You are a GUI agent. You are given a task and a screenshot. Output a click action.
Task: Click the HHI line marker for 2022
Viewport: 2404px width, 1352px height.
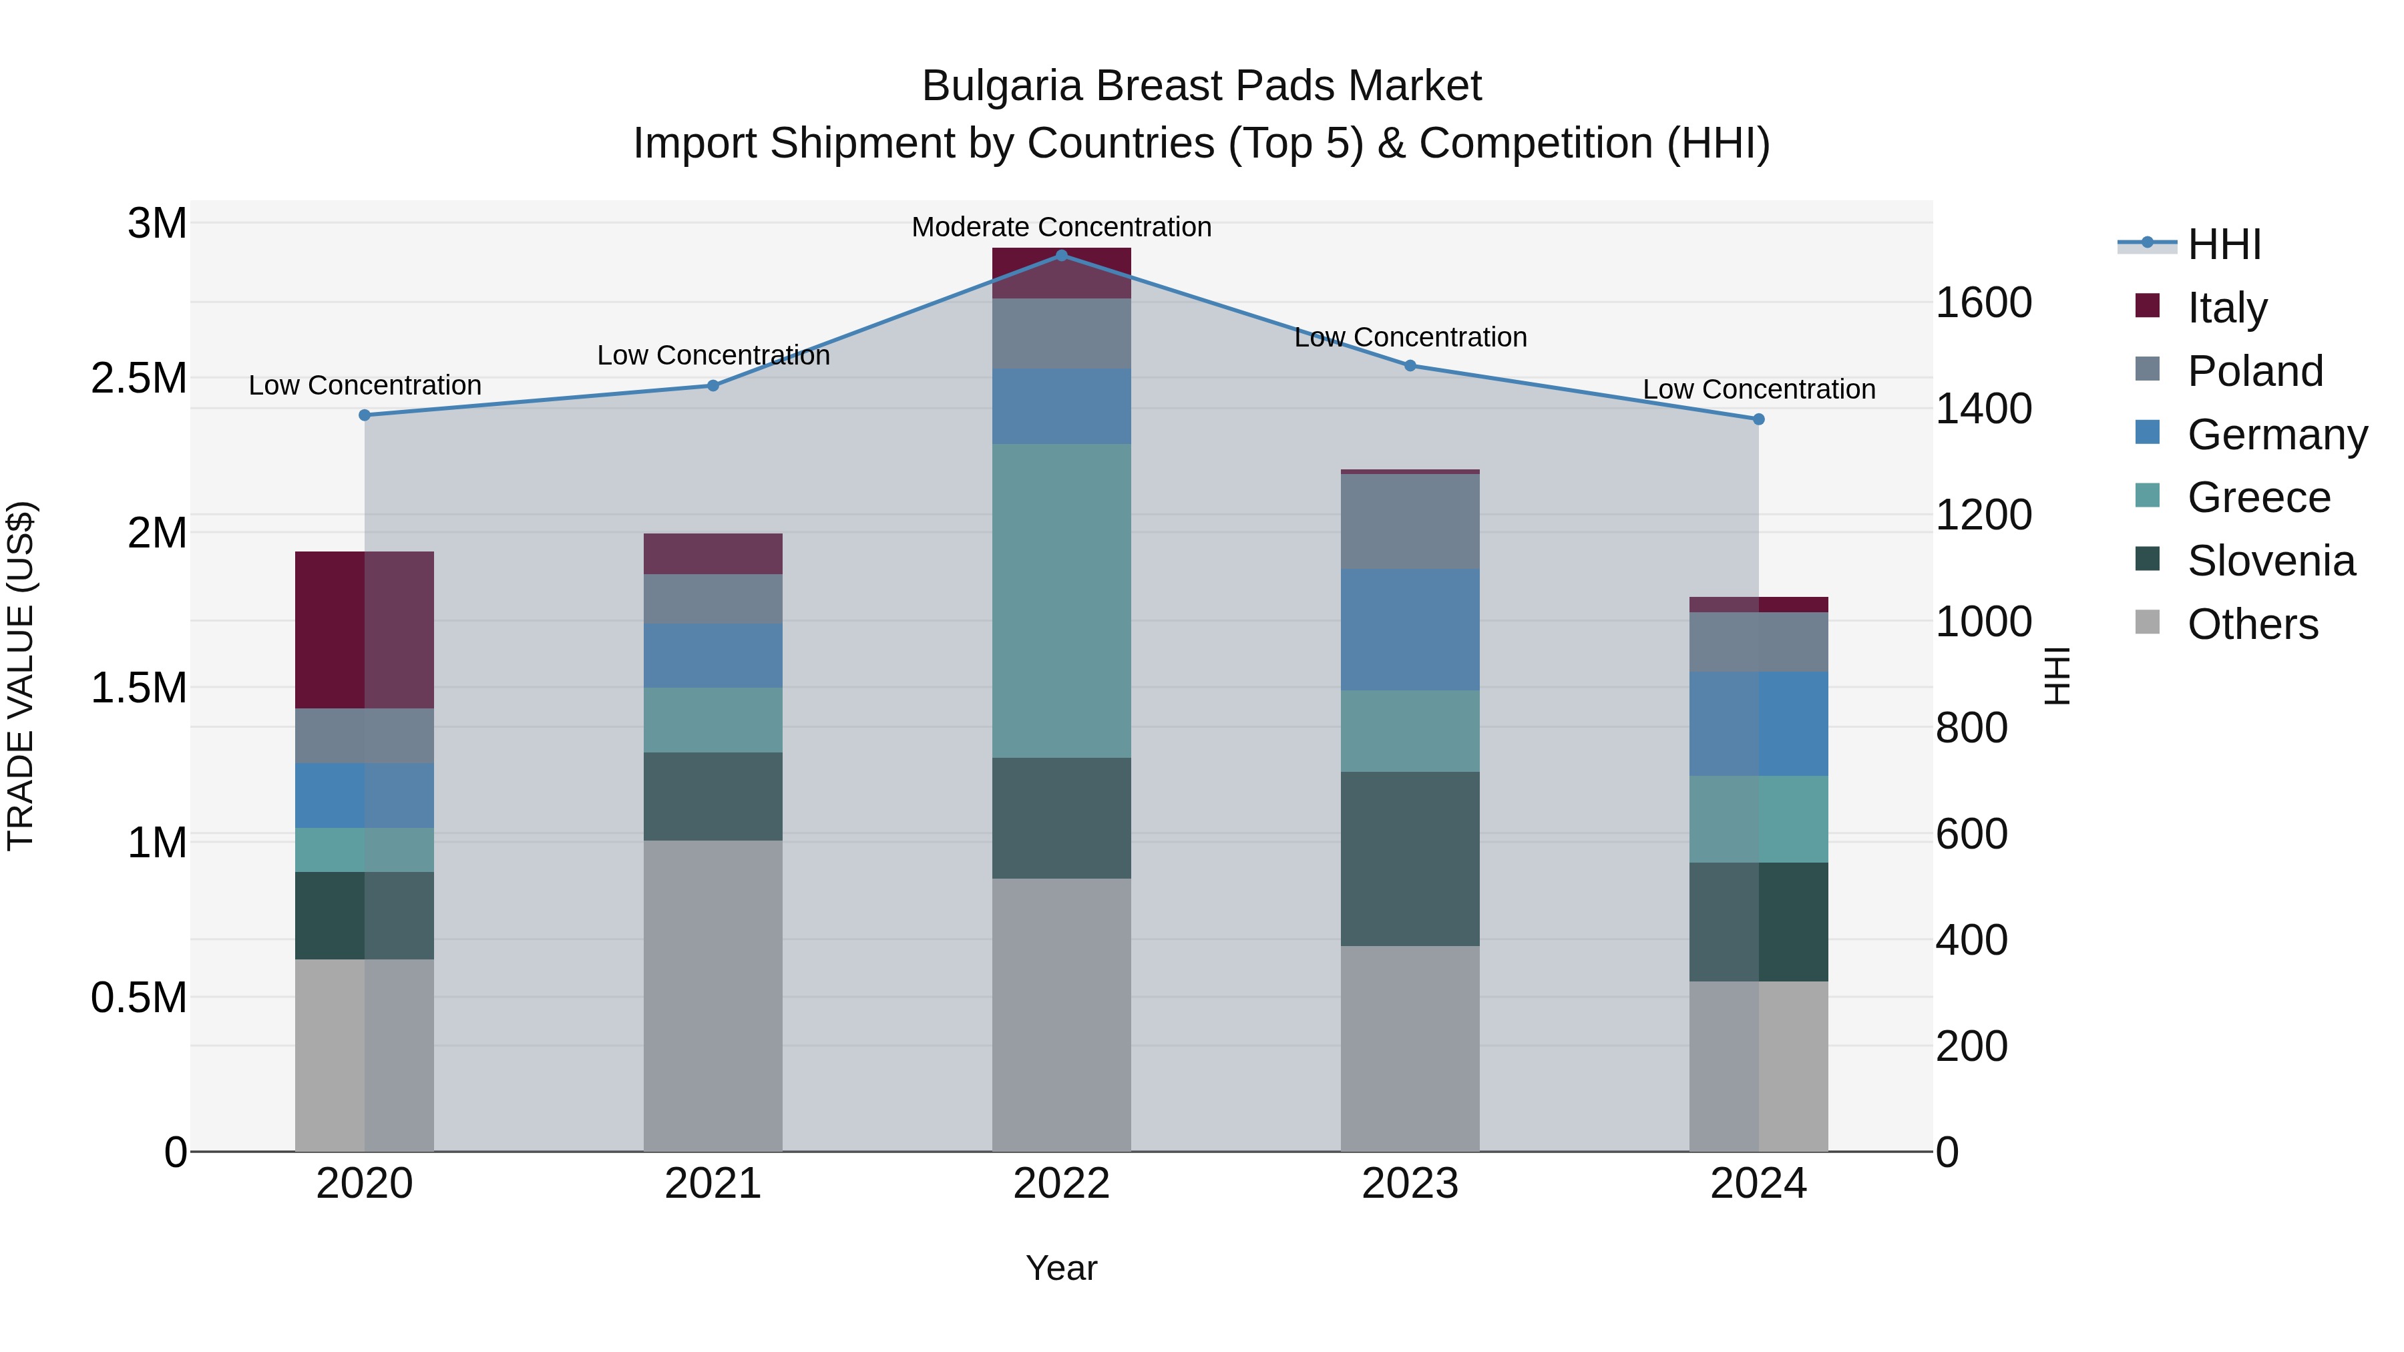1061,255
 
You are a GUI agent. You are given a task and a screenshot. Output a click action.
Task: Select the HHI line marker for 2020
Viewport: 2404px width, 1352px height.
365,415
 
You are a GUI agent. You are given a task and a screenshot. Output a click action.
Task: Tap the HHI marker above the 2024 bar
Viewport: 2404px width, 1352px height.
1758,419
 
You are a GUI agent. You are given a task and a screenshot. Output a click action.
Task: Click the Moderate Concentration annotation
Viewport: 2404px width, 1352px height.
1061,227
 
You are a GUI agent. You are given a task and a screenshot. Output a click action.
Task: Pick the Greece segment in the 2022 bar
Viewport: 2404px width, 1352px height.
1061,600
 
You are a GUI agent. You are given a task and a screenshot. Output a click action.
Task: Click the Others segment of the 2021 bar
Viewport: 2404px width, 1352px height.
713,995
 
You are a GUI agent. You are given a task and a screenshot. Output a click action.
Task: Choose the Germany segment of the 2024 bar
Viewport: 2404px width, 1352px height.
1758,723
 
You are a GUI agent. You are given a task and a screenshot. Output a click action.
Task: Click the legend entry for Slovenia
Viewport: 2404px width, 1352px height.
2270,561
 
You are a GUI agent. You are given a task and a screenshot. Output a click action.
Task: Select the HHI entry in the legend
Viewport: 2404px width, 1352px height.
2223,244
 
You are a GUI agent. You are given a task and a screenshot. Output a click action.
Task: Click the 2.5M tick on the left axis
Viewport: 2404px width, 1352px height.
138,378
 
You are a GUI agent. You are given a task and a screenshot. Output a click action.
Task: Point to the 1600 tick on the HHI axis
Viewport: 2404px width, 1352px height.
1983,302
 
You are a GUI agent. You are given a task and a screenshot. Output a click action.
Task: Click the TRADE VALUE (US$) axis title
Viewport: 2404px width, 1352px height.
21,676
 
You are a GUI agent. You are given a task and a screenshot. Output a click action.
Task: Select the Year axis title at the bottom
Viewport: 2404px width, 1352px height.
1061,1268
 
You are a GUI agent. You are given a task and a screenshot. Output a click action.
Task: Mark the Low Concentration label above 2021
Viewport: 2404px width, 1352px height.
713,355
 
